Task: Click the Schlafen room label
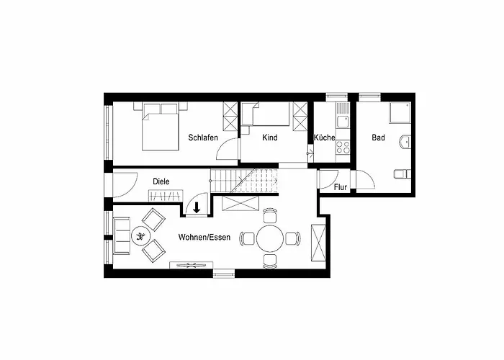(x=203, y=138)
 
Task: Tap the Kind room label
(x=270, y=138)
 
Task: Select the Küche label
(x=324, y=138)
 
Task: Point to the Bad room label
(x=378, y=138)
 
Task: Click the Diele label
(x=161, y=181)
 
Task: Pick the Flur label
(x=341, y=187)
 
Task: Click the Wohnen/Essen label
(x=204, y=237)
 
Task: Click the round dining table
(x=270, y=238)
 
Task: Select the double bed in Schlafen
(x=161, y=126)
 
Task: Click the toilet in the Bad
(x=402, y=174)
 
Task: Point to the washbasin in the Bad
(x=405, y=141)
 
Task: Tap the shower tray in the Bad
(x=400, y=113)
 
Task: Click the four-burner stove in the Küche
(x=343, y=148)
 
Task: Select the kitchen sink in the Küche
(x=343, y=121)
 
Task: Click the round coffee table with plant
(x=141, y=237)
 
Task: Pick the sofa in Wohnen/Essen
(x=122, y=236)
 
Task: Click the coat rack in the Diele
(x=166, y=196)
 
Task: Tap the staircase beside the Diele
(x=244, y=181)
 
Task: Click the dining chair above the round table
(x=270, y=215)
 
